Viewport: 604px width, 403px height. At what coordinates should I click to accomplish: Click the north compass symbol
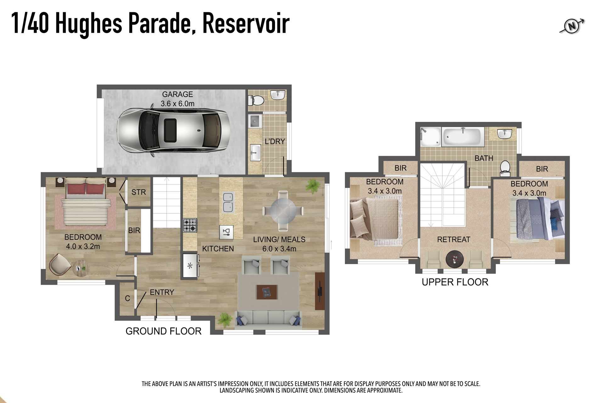click(572, 26)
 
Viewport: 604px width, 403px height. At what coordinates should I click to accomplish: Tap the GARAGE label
click(177, 94)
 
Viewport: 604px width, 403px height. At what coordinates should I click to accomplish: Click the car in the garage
click(172, 131)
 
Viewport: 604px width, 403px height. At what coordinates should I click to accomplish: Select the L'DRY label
click(275, 141)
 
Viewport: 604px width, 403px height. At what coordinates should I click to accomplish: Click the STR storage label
click(138, 192)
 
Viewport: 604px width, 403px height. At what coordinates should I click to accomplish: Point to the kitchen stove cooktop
click(190, 225)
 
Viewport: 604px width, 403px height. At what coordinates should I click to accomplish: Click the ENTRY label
click(162, 292)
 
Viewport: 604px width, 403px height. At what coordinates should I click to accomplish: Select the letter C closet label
click(127, 298)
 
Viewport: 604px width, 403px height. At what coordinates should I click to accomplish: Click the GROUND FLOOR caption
click(163, 331)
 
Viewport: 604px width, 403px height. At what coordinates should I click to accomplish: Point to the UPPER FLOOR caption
click(455, 282)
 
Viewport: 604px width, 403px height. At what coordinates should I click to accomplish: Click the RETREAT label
click(454, 239)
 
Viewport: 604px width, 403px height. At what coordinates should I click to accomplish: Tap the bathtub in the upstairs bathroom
click(463, 137)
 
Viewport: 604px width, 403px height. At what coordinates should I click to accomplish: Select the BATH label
click(484, 158)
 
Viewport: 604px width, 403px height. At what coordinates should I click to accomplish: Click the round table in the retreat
click(455, 259)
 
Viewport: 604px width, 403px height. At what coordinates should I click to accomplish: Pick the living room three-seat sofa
click(268, 320)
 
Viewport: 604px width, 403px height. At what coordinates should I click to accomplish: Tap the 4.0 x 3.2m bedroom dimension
click(83, 246)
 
